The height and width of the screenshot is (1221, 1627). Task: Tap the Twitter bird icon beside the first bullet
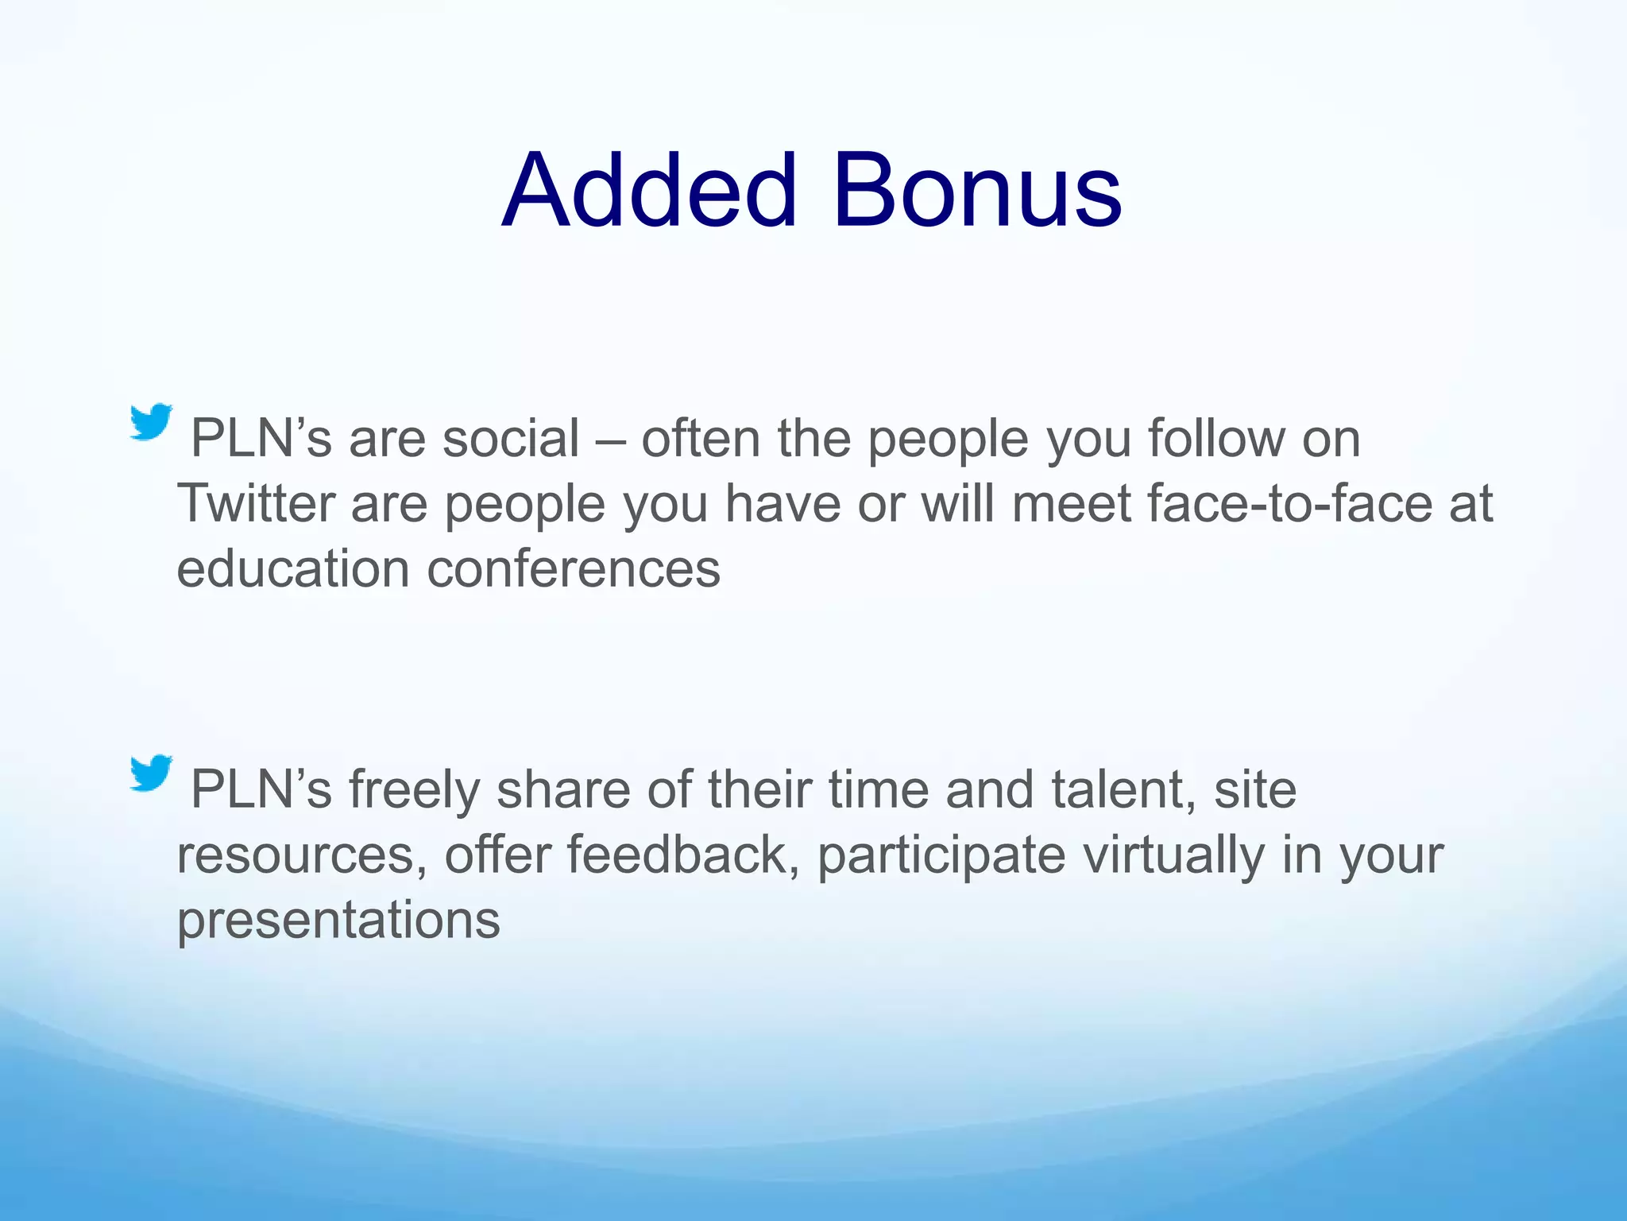[x=151, y=421]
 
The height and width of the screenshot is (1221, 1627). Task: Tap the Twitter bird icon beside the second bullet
[x=151, y=773]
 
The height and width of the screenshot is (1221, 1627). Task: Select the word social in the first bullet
[x=511, y=438]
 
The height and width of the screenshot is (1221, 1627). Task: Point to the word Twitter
[x=255, y=503]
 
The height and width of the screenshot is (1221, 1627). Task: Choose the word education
[x=293, y=568]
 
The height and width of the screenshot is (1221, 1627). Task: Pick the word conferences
[x=574, y=568]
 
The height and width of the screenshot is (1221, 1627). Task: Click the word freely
[x=414, y=791]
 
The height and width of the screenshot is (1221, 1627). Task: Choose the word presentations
[x=338, y=921]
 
